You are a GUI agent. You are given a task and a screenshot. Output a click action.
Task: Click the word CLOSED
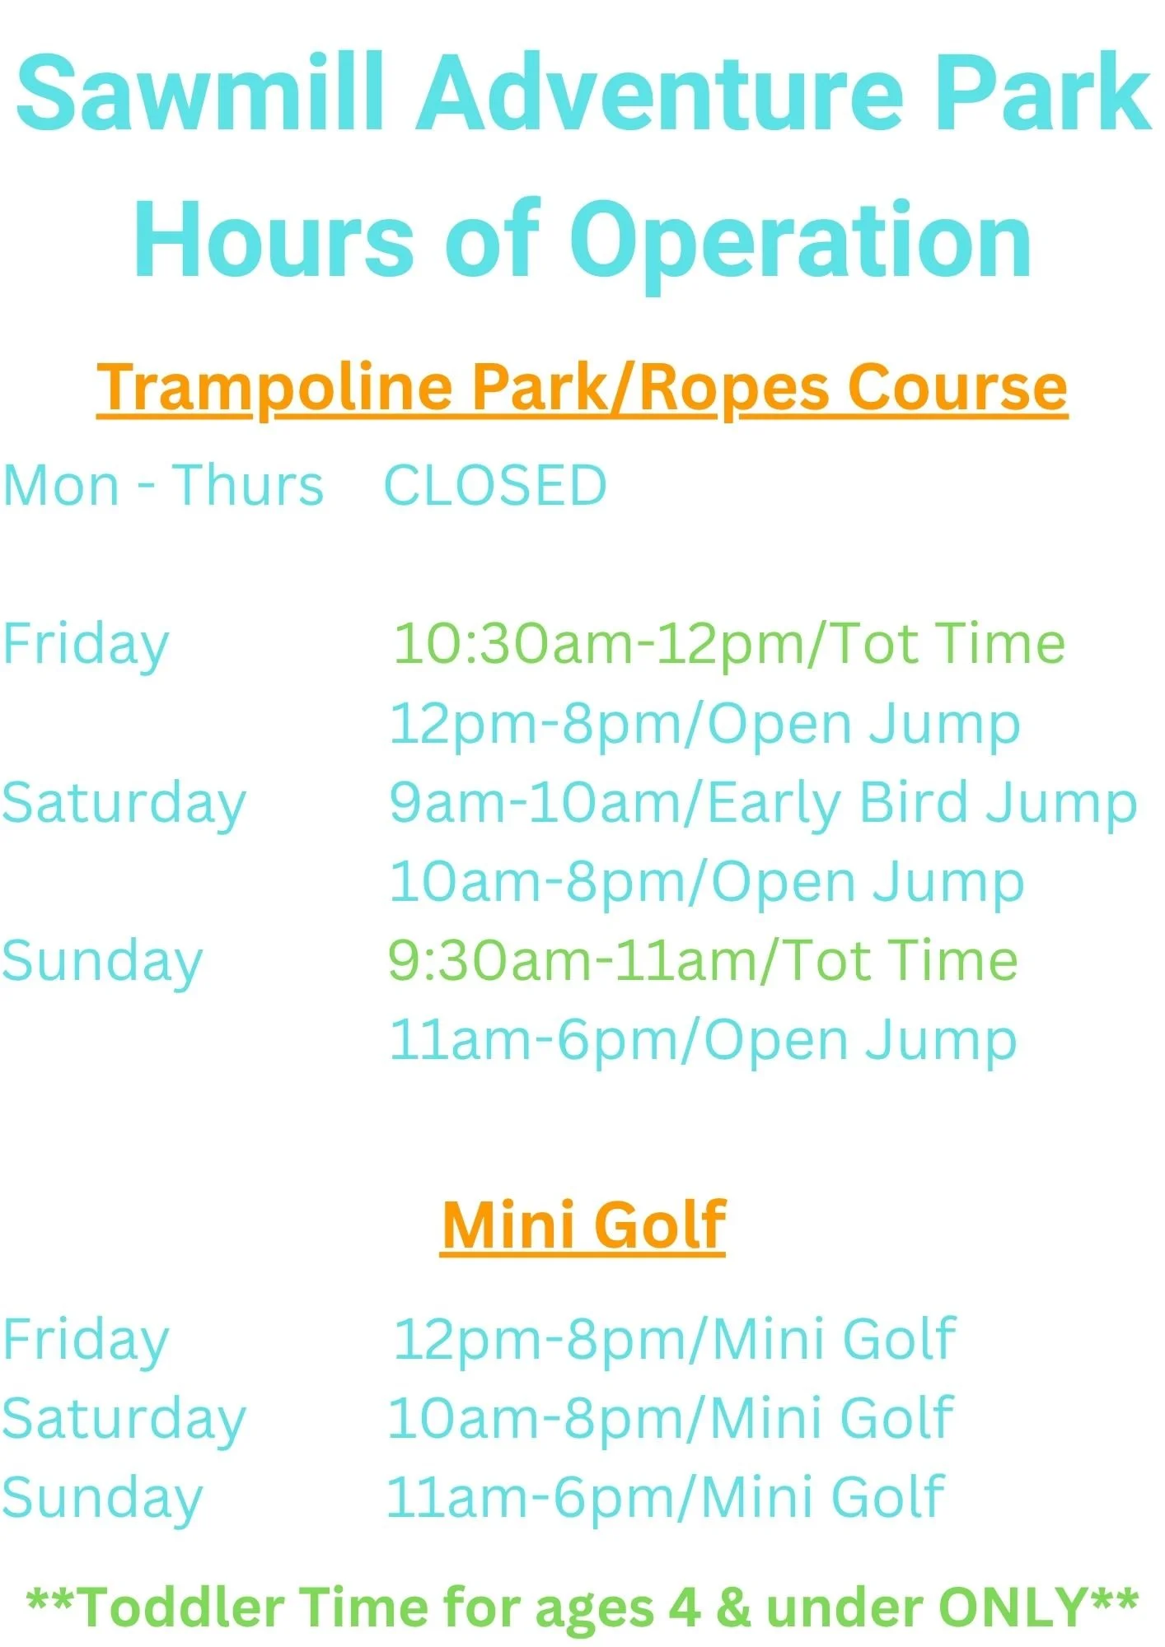(x=496, y=485)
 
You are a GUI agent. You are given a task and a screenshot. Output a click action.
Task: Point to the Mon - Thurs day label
(x=163, y=485)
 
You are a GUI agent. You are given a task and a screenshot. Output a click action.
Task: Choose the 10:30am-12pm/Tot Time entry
(x=729, y=644)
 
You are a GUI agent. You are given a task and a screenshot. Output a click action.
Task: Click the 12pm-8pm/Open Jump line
(x=705, y=725)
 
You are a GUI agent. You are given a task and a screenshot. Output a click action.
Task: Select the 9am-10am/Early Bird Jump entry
(x=763, y=804)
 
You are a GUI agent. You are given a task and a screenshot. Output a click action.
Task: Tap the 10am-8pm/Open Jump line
(x=707, y=883)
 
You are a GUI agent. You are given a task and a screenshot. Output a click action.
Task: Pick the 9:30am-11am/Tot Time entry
(x=703, y=961)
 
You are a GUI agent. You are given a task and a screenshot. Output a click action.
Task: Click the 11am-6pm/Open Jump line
(x=703, y=1041)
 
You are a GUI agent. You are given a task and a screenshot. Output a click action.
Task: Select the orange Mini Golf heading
(x=582, y=1225)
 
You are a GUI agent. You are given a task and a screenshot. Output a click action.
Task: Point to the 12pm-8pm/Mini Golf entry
(x=674, y=1339)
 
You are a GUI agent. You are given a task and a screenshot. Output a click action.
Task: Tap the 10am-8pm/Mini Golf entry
(x=671, y=1418)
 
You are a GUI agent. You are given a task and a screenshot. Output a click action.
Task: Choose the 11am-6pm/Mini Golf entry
(x=666, y=1497)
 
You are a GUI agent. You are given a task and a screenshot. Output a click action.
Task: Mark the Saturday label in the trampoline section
(x=124, y=804)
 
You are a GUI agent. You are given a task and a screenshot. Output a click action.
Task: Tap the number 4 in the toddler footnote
(x=685, y=1607)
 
